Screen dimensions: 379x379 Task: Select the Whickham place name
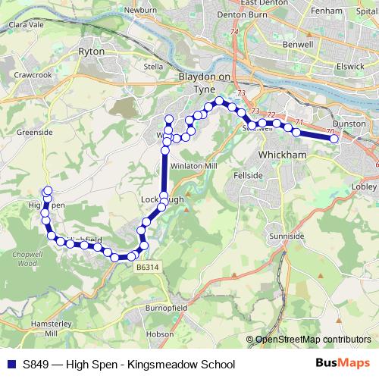[281, 154]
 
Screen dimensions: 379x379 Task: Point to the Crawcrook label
[34, 77]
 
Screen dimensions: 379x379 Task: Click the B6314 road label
[149, 268]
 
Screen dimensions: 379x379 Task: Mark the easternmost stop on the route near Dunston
[334, 138]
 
